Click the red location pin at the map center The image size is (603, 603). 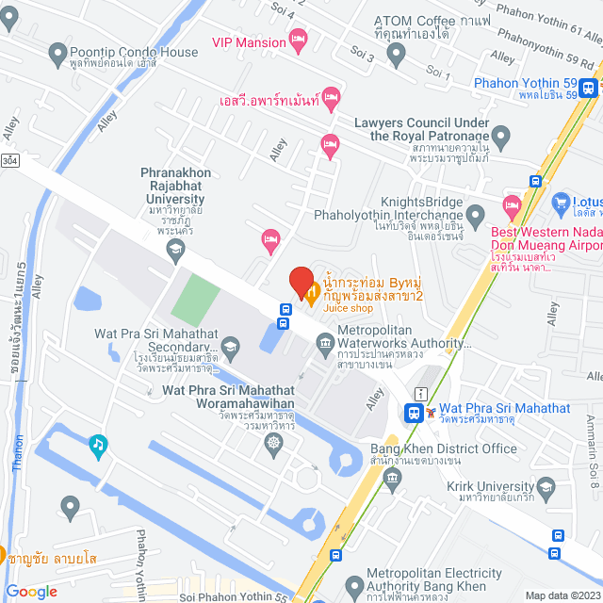[301, 284]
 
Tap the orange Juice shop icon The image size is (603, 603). [314, 294]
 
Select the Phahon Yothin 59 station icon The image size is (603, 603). [588, 88]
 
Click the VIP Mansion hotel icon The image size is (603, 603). [299, 41]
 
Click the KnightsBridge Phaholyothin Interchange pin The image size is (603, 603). [477, 212]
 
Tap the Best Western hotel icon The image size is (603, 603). [512, 204]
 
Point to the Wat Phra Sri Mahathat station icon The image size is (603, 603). [413, 412]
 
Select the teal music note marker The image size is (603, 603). [96, 443]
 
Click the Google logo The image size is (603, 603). [30, 592]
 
